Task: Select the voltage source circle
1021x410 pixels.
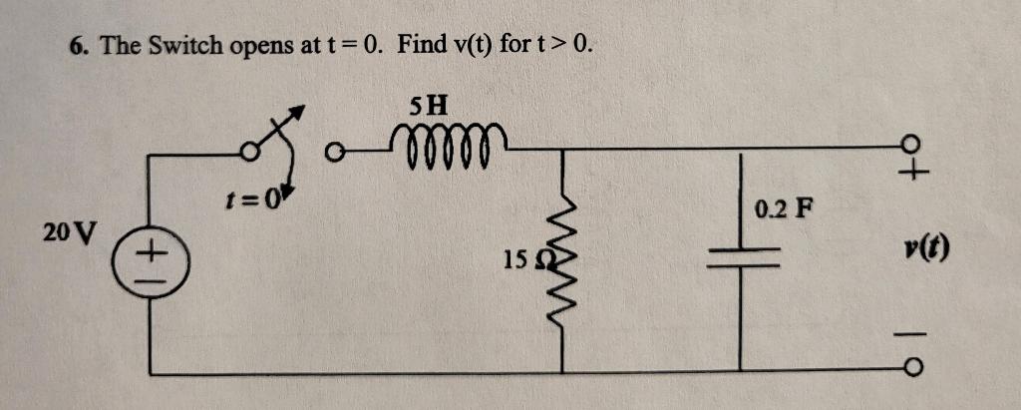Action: point(150,264)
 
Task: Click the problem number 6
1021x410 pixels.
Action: point(76,46)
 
